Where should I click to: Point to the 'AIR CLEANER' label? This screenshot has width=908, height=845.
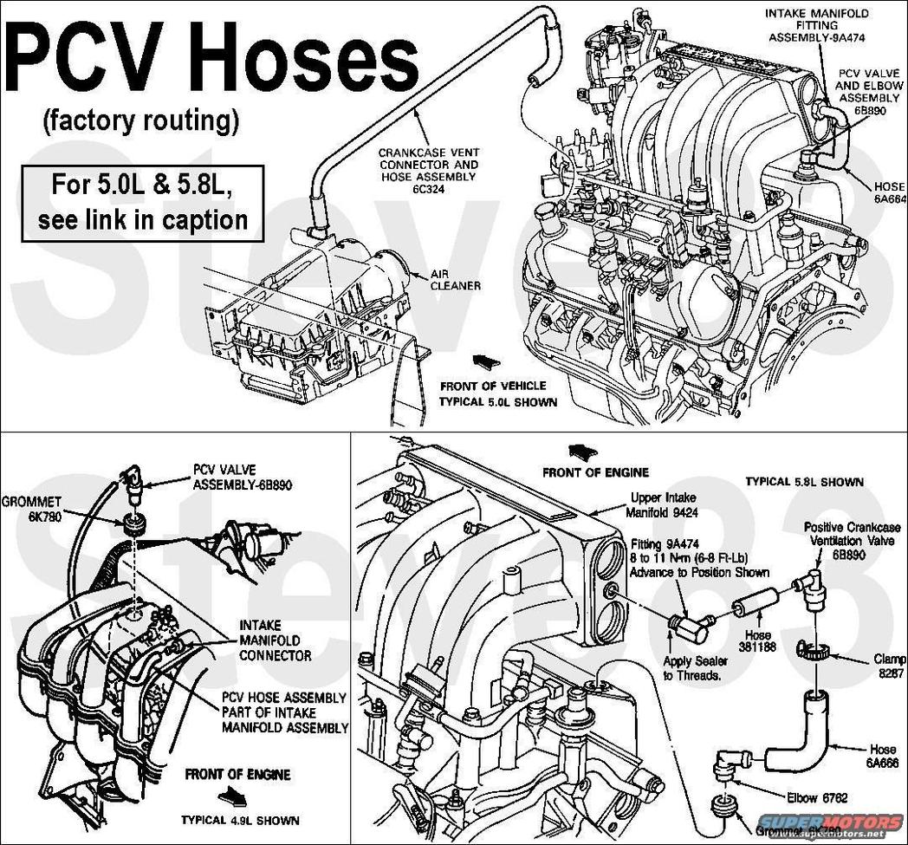pos(456,279)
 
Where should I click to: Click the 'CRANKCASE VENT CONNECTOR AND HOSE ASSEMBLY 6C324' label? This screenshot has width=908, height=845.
pos(428,170)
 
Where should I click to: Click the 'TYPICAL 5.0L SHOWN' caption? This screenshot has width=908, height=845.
pos(497,402)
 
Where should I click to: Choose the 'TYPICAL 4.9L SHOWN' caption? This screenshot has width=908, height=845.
pos(240,820)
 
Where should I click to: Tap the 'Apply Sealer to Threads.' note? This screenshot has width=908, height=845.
pos(696,668)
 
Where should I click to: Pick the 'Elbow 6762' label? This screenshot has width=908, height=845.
pos(815,796)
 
